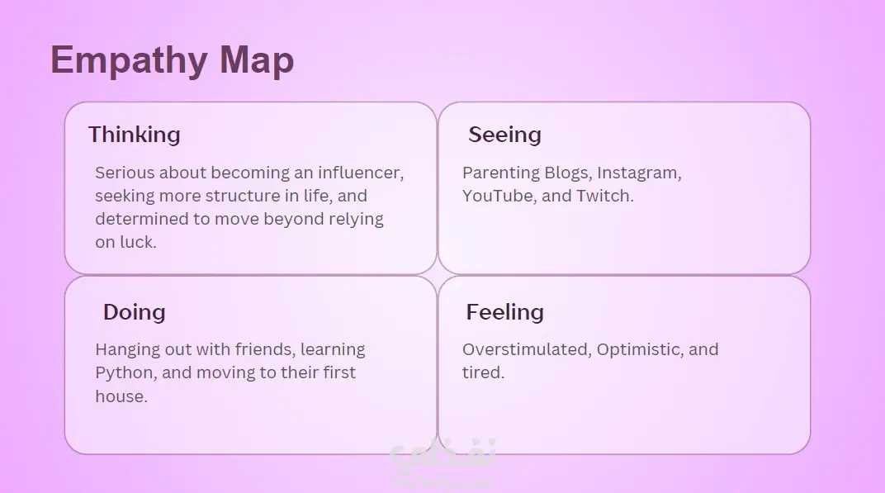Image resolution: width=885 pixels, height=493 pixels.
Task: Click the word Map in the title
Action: [x=257, y=59]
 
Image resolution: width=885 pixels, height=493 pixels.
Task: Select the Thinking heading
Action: [x=135, y=135]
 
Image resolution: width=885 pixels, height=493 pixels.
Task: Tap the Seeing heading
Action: [x=504, y=135]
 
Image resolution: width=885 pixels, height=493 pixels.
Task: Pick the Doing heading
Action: [x=135, y=311]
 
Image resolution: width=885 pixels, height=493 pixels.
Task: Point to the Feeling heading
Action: [x=504, y=311]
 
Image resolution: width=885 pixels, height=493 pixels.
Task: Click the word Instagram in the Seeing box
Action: [x=639, y=173]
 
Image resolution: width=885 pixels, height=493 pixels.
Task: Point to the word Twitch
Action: [x=604, y=196]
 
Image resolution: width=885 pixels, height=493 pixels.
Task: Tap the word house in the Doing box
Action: [x=121, y=396]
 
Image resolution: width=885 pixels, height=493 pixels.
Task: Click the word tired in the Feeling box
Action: [x=483, y=372]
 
